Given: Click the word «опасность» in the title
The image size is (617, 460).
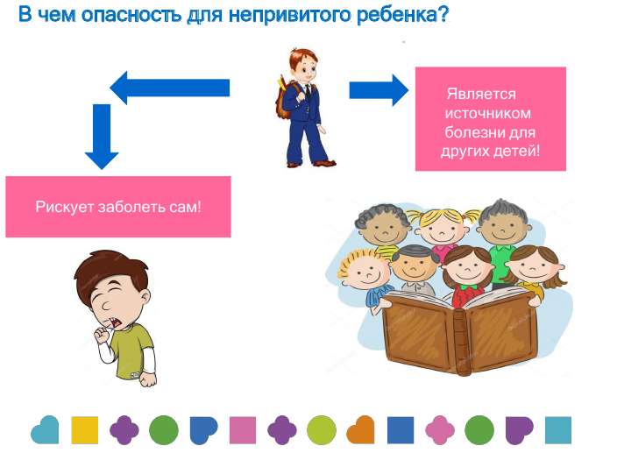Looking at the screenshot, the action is [x=131, y=15].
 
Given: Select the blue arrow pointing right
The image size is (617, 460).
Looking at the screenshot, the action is [x=379, y=90].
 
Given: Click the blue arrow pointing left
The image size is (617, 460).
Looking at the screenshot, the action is [x=170, y=88].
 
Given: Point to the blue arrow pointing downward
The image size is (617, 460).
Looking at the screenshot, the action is [x=102, y=137].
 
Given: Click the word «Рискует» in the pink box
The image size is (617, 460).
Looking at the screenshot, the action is [x=65, y=207].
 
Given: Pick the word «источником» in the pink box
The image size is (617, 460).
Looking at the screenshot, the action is [x=487, y=113].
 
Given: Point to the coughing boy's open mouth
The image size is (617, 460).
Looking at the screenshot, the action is [x=117, y=323].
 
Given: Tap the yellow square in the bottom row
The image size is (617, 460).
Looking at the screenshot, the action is [x=85, y=430].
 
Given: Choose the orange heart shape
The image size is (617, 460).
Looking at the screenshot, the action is [x=360, y=429].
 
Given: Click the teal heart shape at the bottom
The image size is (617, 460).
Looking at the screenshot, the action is [x=45, y=429].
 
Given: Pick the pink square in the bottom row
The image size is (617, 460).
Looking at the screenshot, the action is [x=243, y=430].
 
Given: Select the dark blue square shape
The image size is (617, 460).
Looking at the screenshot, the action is [x=401, y=430].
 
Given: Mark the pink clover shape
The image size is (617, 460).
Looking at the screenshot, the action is [x=440, y=430].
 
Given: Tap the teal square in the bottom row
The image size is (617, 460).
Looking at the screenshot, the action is [x=558, y=430].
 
